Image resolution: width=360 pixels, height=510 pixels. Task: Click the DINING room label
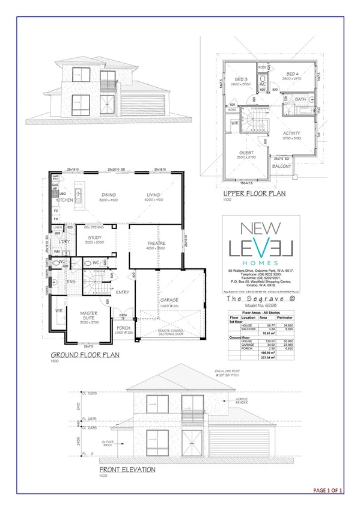point(108,194)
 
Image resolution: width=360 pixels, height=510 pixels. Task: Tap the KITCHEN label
point(64,199)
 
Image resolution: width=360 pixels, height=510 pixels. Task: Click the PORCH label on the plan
point(124,328)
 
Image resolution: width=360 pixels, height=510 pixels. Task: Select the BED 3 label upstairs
point(242,79)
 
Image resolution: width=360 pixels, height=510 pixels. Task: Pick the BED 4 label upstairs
point(293,73)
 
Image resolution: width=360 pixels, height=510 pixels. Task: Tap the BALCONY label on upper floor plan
point(282,166)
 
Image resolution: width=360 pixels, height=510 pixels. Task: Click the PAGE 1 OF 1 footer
point(328,491)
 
